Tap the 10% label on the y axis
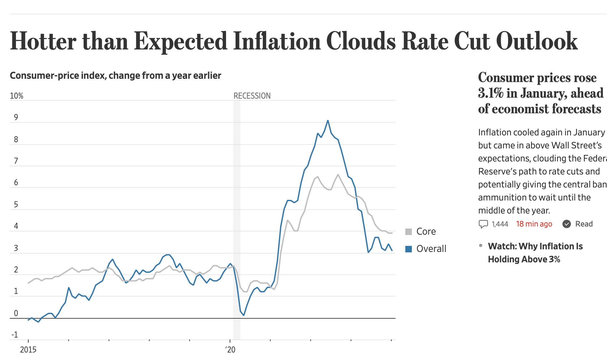(x=17, y=96)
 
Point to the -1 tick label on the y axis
(x=15, y=335)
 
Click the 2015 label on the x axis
(x=28, y=350)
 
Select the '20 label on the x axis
(x=230, y=350)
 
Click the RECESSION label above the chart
(x=252, y=96)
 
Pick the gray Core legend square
(x=409, y=232)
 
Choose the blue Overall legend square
(x=409, y=249)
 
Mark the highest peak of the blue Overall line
(x=328, y=121)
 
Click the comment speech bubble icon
(x=483, y=224)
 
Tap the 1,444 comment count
(x=500, y=224)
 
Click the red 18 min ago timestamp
(x=534, y=224)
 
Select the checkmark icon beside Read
(x=567, y=224)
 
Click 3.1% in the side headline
(x=491, y=93)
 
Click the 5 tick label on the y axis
(x=16, y=204)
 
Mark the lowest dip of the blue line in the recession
(x=243, y=315)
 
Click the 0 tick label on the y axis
(x=16, y=313)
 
